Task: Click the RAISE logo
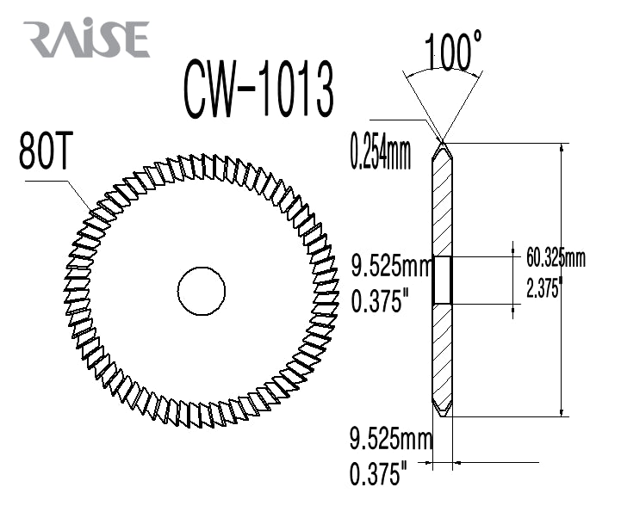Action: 86,39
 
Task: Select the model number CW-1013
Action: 258,89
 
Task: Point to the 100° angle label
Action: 453,51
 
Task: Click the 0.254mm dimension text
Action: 381,151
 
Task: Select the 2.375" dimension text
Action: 544,287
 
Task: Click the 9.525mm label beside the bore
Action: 391,266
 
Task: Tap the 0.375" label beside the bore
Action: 380,299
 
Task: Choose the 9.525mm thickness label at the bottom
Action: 391,439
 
